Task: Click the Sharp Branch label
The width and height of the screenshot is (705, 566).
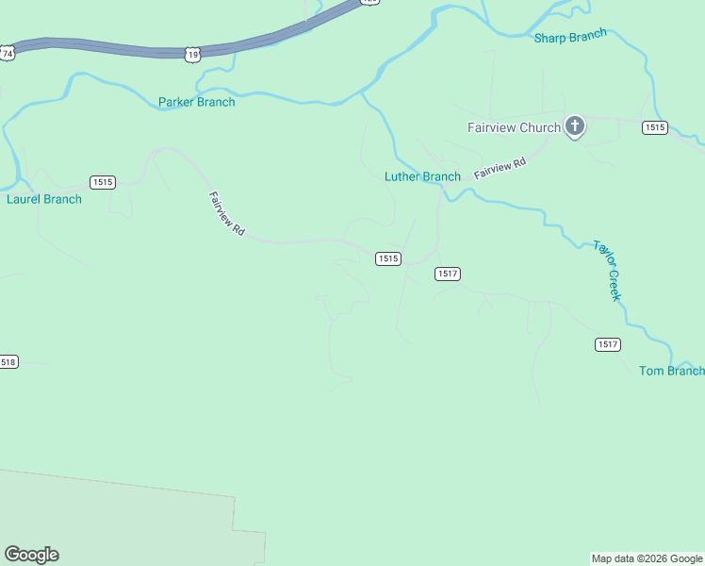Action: coord(570,38)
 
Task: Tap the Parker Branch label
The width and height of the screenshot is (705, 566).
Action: coord(196,102)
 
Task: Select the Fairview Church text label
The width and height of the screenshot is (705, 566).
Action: coord(514,127)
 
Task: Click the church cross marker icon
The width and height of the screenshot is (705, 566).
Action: coord(575,126)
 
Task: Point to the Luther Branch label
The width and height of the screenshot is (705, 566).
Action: coord(422,176)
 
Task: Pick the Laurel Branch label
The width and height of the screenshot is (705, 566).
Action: coord(44,199)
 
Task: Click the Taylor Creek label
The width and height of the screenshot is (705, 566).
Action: coord(608,271)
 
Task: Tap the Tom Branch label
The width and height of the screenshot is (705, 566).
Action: coord(671,371)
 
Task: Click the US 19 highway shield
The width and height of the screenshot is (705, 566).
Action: coord(192,56)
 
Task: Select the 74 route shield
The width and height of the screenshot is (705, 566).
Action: coord(8,54)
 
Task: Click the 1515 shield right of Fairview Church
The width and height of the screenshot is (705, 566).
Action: coord(655,127)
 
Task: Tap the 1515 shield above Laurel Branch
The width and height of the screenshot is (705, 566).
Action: coord(103,182)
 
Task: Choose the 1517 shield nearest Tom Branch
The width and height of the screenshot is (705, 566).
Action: coord(608,344)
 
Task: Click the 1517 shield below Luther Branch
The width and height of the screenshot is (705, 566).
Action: coord(448,274)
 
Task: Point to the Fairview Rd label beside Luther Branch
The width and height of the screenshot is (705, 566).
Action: coord(500,169)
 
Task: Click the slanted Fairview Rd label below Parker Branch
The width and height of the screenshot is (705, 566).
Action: coord(226,214)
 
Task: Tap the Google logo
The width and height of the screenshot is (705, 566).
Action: coord(31,555)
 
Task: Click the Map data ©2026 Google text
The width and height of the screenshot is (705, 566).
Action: coord(647,559)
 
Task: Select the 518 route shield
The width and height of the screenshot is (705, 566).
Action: coord(8,362)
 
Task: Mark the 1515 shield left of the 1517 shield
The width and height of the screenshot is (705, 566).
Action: coord(388,258)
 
